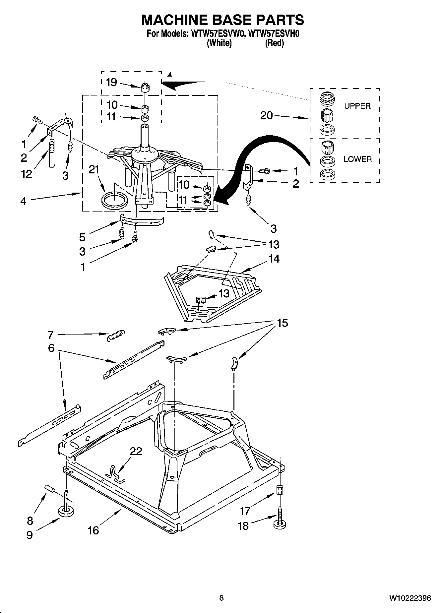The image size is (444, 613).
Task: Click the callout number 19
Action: pos(111,82)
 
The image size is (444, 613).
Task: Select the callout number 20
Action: pos(266,115)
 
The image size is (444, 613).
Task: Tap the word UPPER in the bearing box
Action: pos(357,106)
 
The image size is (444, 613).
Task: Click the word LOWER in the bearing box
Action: pos(357,159)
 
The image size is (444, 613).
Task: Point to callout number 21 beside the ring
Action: pos(94,169)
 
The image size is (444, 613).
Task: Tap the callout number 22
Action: pos(136,451)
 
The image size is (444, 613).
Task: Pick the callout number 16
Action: pos(94,530)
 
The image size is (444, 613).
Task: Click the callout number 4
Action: pos(23,201)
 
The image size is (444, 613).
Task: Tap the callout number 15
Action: pos(282,323)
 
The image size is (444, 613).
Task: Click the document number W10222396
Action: pos(410,598)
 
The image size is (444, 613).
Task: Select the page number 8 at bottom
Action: pos(222,598)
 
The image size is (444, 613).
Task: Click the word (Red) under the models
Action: pos(274,43)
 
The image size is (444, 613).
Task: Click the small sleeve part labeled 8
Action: pos(49,488)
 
